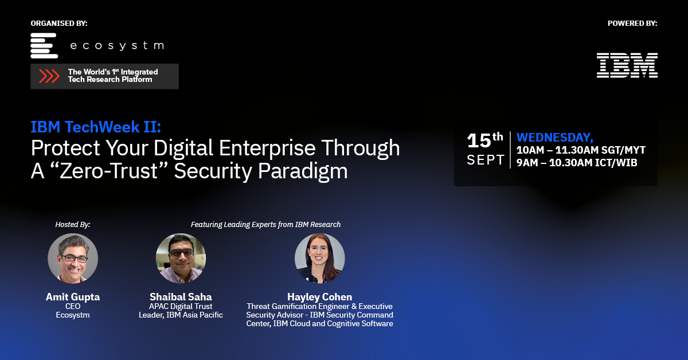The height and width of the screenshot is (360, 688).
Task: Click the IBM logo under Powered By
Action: coord(627,65)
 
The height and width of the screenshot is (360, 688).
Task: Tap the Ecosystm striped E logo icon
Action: coord(44,45)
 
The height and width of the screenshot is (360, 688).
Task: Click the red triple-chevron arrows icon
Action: coord(49,76)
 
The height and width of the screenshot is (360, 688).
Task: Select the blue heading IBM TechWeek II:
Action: coord(96,127)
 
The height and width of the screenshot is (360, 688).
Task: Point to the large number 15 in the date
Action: coord(479,140)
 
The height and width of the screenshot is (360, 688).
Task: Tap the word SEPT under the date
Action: coord(486,160)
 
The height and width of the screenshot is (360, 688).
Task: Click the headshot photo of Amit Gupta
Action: coord(73,258)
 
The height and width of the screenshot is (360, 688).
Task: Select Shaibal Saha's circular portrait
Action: coord(181,258)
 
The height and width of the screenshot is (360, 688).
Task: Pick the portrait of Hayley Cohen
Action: coord(320,258)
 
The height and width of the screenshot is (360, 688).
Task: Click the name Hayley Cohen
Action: coord(320,297)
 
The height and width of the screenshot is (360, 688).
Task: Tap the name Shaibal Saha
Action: coord(181,297)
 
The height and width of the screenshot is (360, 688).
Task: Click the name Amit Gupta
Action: coord(73,297)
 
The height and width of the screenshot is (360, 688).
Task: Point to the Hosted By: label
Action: coord(73,225)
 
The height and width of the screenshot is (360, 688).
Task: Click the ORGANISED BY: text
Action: coord(59,24)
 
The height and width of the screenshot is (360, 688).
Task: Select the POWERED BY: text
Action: coord(632,24)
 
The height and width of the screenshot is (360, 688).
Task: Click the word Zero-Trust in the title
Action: coord(108,171)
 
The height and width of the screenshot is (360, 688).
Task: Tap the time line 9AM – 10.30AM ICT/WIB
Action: coord(577,162)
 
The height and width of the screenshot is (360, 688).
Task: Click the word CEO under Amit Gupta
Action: coord(73,306)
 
